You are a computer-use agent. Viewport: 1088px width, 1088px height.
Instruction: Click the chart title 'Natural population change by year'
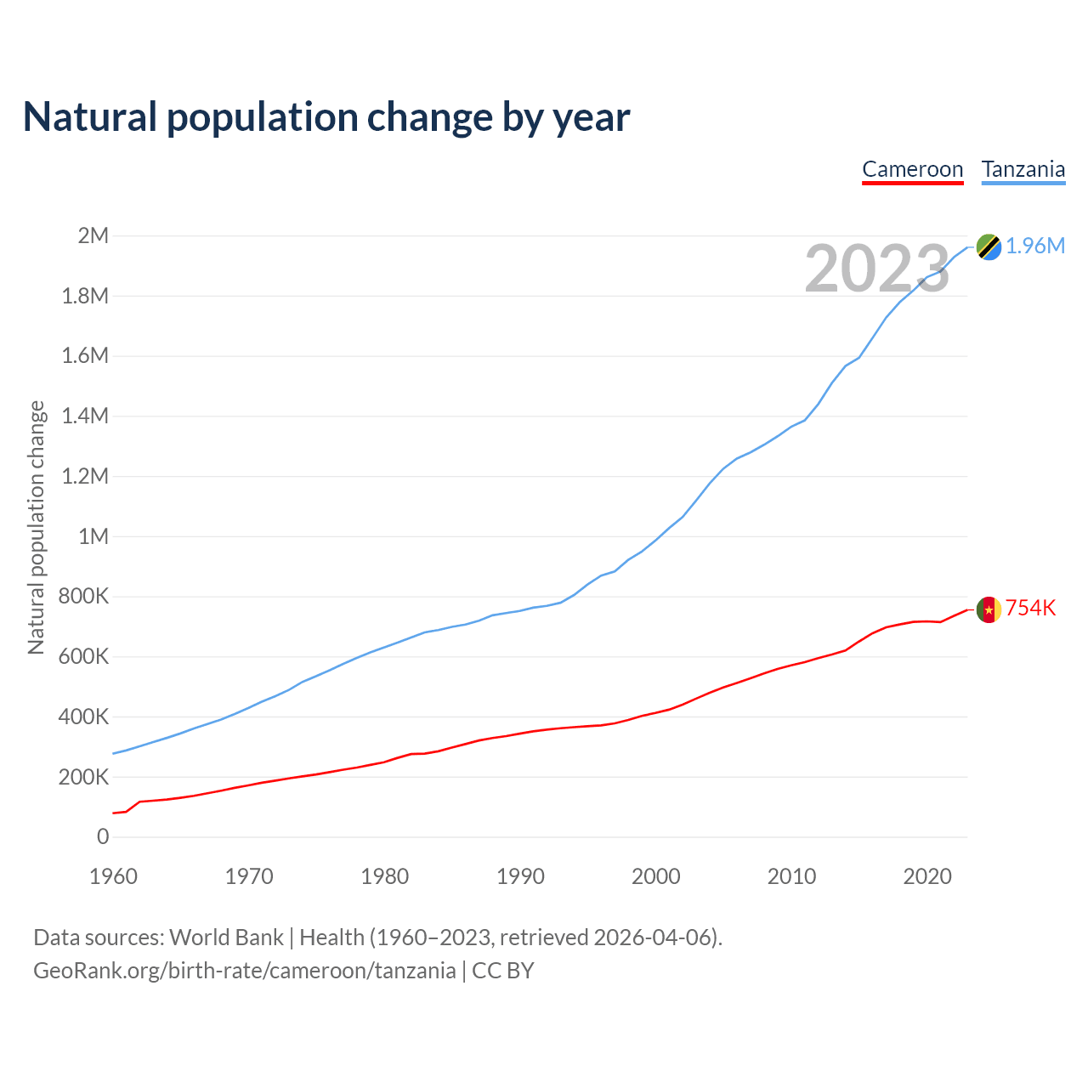(326, 117)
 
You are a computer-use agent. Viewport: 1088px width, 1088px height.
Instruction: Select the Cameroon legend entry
(912, 169)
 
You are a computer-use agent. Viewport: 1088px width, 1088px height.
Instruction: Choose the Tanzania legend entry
(1023, 169)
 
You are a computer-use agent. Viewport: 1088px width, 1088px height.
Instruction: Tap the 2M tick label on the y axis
(93, 235)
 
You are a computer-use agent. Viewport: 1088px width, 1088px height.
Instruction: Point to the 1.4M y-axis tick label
(85, 416)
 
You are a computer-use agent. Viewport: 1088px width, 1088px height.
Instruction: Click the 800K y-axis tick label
(83, 596)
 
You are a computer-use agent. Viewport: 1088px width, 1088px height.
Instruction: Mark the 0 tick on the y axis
(103, 836)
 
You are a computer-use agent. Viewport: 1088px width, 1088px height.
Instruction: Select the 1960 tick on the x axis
(113, 876)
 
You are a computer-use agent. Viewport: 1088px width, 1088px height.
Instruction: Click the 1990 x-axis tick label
(520, 876)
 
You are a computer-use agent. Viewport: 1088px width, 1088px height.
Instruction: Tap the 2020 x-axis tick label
(927, 876)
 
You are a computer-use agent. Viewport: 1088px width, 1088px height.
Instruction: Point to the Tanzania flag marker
(989, 246)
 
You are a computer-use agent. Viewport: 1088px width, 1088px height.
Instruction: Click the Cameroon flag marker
(989, 609)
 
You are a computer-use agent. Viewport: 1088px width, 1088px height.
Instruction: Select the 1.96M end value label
(1035, 246)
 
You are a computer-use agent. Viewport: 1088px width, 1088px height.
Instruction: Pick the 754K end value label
(1031, 608)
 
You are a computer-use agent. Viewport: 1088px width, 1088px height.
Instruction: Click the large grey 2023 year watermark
(876, 269)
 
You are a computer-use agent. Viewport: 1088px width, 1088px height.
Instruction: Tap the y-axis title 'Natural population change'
(36, 527)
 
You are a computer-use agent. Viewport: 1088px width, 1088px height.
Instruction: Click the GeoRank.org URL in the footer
(244, 971)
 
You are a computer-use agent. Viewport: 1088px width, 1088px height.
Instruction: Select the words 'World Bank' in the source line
(226, 938)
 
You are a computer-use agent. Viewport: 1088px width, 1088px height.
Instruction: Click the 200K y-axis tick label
(83, 777)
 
